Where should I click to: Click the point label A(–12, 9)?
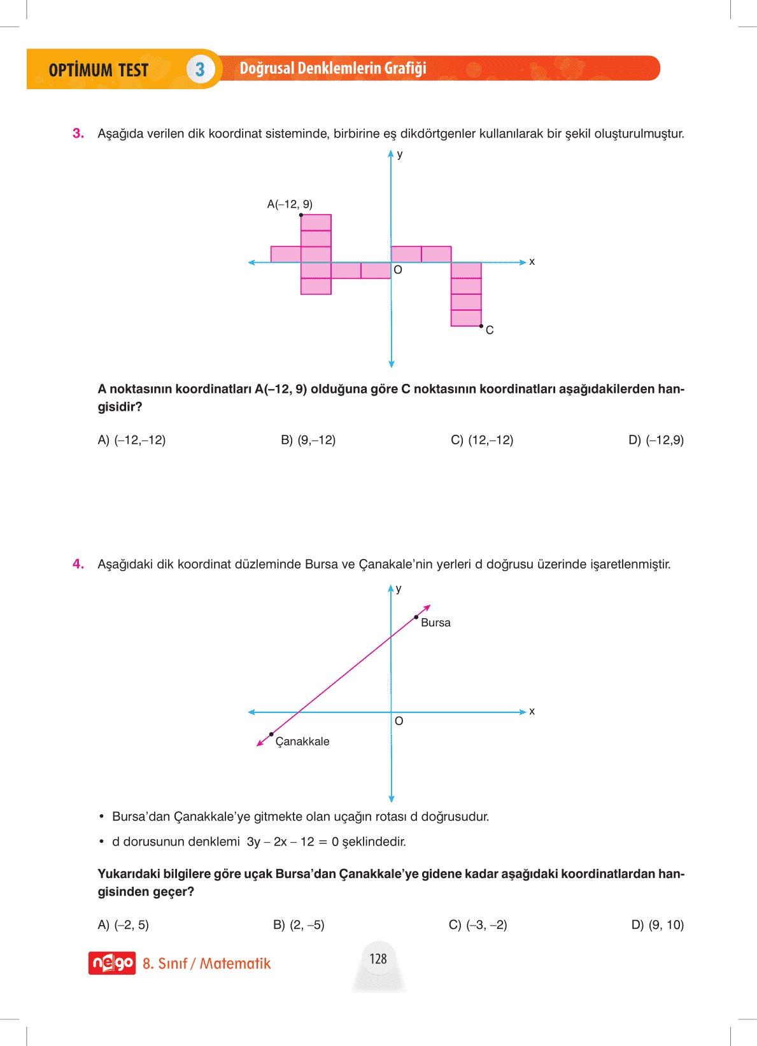tap(290, 204)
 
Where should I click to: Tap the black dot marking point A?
tap(301, 215)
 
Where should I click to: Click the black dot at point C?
tap(481, 326)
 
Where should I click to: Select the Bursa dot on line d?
tap(416, 617)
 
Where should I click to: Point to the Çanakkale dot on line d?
tap(271, 735)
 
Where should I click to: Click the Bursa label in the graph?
tap(435, 623)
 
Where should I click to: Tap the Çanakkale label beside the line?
tap(302, 742)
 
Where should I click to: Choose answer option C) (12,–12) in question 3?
tap(482, 440)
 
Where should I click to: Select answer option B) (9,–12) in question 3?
tap(308, 440)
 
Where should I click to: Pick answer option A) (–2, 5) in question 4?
tap(124, 925)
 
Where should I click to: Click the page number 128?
tap(378, 959)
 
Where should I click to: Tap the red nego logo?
tap(112, 963)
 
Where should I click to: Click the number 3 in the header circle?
tap(200, 69)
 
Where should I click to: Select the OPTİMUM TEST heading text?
tap(99, 70)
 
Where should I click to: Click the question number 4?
tap(78, 564)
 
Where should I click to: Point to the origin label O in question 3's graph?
tap(398, 270)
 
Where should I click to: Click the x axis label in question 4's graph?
tap(532, 711)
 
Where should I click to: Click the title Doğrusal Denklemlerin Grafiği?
tap(333, 68)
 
